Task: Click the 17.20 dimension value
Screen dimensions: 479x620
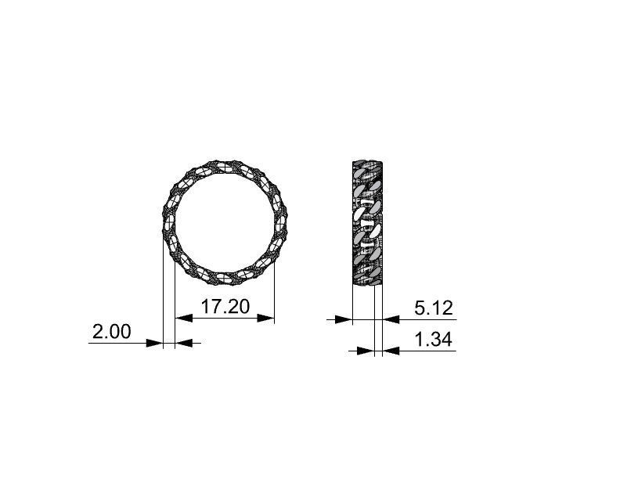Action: pos(225,306)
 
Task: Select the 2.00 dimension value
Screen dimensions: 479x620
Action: pos(112,331)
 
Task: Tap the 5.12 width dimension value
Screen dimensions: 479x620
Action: pos(434,308)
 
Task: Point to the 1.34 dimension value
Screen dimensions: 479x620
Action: pos(433,340)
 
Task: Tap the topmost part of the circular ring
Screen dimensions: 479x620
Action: pos(225,163)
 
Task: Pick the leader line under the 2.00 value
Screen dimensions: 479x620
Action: pos(117,342)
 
